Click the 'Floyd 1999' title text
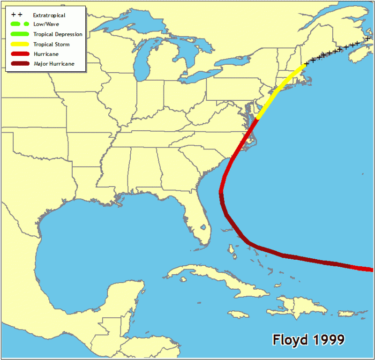pyautogui.click(x=308, y=339)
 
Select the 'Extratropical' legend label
pyautogui.click(x=49, y=15)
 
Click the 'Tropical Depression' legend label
pyautogui.click(x=58, y=34)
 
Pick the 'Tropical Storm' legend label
pyautogui.click(x=52, y=44)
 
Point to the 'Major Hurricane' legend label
pyautogui.click(x=54, y=63)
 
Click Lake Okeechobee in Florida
pyautogui.click(x=203, y=227)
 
